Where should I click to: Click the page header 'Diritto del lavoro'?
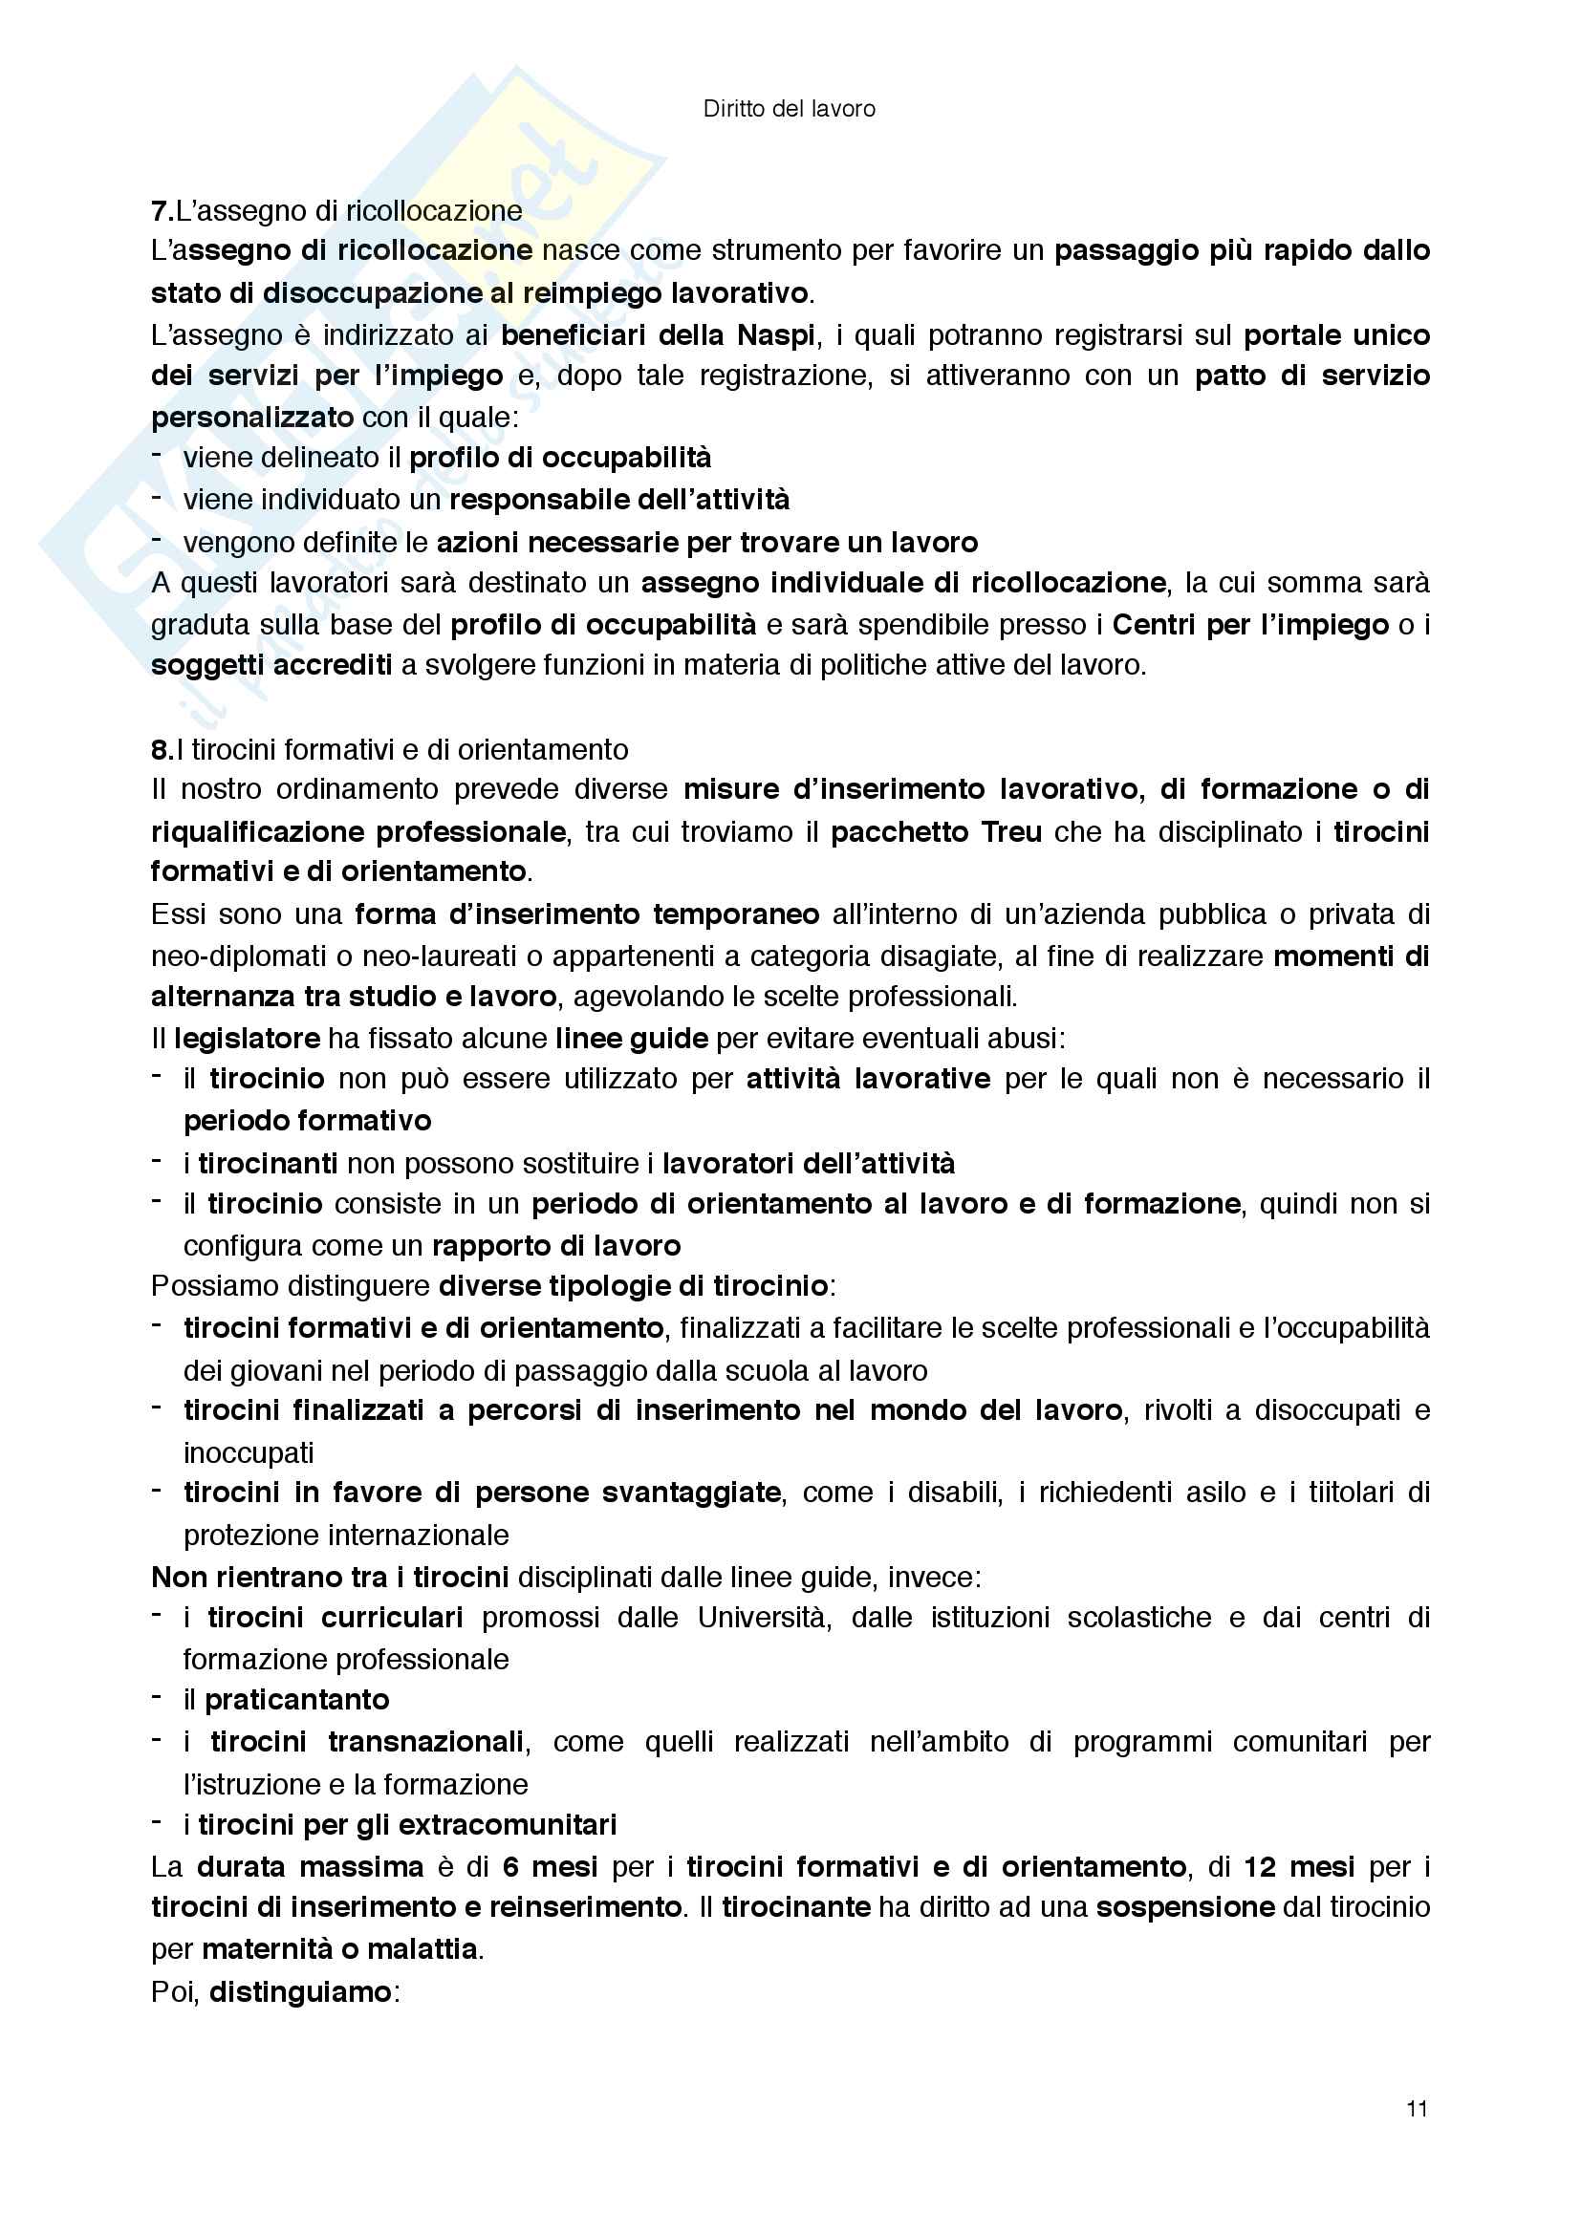[789, 109]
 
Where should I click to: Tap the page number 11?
[1417, 2109]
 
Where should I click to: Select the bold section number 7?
[162, 210]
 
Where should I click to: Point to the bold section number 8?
[162, 749]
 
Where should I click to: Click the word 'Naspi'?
[775, 335]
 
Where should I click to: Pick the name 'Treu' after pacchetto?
[1011, 832]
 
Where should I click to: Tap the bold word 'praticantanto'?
[297, 1700]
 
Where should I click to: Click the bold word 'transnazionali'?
[426, 1742]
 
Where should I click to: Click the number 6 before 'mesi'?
[510, 1867]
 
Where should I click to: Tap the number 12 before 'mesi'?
[1260, 1867]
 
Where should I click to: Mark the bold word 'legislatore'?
[248, 1039]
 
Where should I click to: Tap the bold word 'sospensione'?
[1184, 1907]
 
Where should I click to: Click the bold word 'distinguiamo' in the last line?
[300, 1992]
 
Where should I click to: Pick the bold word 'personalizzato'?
[252, 418]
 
